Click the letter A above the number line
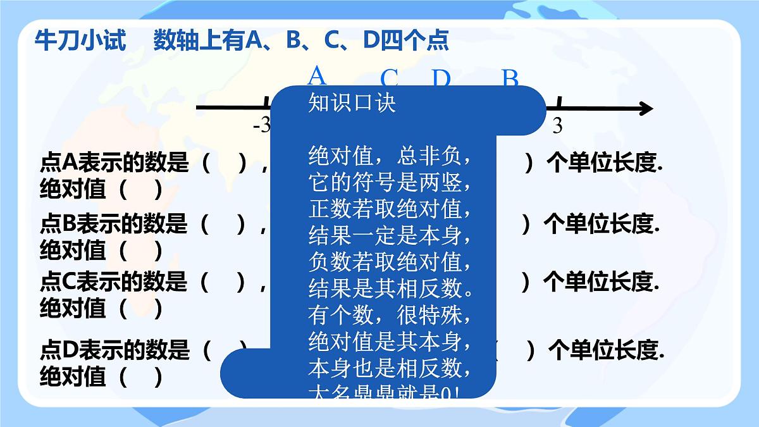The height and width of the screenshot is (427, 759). tap(316, 76)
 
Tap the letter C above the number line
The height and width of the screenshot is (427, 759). tap(389, 79)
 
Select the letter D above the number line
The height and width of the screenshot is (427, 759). tap(441, 79)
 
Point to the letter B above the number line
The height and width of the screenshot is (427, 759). tap(510, 78)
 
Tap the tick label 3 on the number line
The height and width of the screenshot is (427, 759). tap(557, 126)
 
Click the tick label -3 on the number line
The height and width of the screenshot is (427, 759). tap(261, 126)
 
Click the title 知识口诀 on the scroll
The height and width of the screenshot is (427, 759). tap(352, 102)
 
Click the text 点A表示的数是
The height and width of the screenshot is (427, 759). tap(114, 163)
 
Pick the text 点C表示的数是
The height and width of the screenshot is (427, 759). tap(114, 282)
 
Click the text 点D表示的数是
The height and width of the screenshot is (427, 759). tap(114, 349)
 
